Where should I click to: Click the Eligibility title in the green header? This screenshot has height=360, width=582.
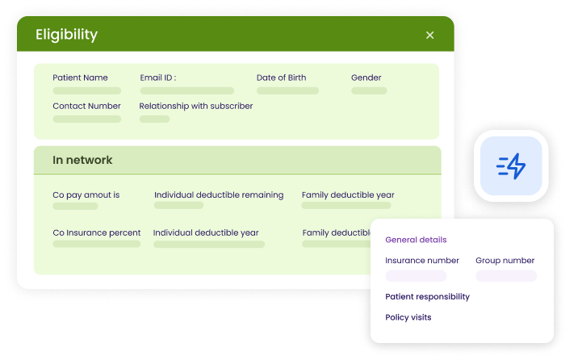coord(66,35)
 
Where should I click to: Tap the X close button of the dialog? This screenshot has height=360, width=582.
coord(429,35)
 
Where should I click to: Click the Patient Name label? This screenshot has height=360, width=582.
coord(80,78)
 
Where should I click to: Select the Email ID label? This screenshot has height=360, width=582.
coord(157,78)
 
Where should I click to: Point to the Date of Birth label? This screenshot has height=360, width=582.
coord(287,78)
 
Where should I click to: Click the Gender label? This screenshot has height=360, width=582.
coord(366,78)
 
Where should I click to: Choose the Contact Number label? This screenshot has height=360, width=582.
coord(86,106)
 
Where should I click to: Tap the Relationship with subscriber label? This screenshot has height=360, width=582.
coord(195,106)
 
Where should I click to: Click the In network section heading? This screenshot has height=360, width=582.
coord(82,161)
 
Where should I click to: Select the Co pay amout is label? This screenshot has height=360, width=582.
coord(86,195)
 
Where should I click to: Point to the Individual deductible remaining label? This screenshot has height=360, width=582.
coord(219,195)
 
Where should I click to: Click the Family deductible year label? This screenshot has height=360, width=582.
coord(348,195)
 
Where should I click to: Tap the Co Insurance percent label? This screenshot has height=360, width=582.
coord(97,232)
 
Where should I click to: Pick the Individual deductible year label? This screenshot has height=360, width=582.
coord(206,232)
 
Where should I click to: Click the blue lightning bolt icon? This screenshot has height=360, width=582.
coord(511,166)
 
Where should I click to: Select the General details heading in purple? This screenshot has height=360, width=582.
coord(416,240)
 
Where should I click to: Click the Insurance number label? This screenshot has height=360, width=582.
coord(422,261)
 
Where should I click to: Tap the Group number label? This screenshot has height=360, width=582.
coord(505,261)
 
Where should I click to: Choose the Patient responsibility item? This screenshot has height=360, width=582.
coord(427,296)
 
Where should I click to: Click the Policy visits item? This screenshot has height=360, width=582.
coord(408,317)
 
